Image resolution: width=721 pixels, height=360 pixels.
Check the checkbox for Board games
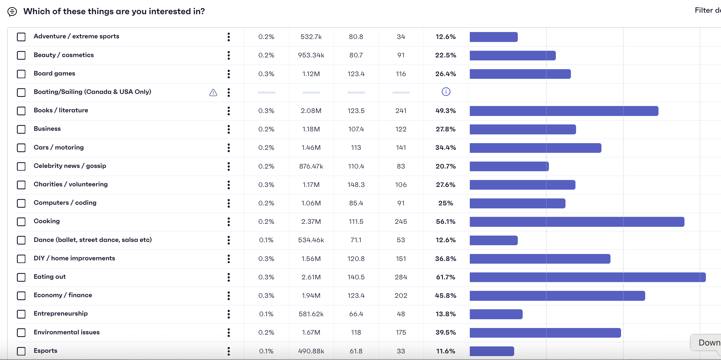click(x=21, y=74)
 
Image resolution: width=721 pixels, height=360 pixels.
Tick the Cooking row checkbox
click(x=21, y=222)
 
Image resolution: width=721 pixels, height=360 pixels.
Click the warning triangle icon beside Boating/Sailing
click(x=213, y=92)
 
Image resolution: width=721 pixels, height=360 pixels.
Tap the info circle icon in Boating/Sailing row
click(x=446, y=92)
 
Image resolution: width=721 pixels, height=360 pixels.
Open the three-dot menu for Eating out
click(x=229, y=277)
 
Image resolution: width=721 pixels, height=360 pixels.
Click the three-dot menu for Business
click(x=229, y=129)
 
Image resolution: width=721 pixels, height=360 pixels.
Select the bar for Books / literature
click(x=564, y=111)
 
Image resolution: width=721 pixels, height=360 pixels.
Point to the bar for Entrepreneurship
click(x=496, y=314)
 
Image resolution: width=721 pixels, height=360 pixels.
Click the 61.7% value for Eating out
click(x=445, y=277)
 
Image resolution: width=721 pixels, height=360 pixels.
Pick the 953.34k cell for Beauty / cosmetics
click(x=311, y=55)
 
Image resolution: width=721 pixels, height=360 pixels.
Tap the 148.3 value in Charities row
click(x=356, y=185)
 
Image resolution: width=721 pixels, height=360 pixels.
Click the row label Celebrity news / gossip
click(x=70, y=166)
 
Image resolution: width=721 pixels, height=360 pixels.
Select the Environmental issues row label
click(x=66, y=332)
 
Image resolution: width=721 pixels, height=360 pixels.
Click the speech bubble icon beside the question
click(x=12, y=12)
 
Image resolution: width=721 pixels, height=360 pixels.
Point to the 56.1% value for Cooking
click(x=445, y=222)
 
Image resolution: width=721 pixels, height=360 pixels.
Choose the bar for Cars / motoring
click(x=535, y=148)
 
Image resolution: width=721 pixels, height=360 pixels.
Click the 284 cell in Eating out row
click(x=401, y=277)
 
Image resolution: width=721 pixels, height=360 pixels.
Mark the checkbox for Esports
click(x=21, y=351)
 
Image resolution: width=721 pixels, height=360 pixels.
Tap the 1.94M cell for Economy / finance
click(x=311, y=296)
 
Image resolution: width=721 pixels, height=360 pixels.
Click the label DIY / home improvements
click(x=74, y=258)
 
